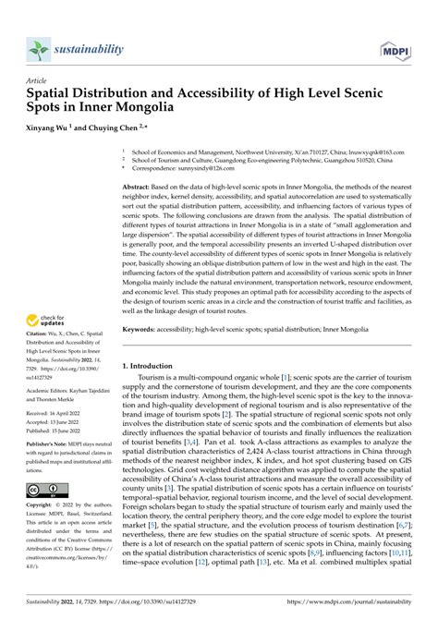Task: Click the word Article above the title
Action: click(x=42, y=80)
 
